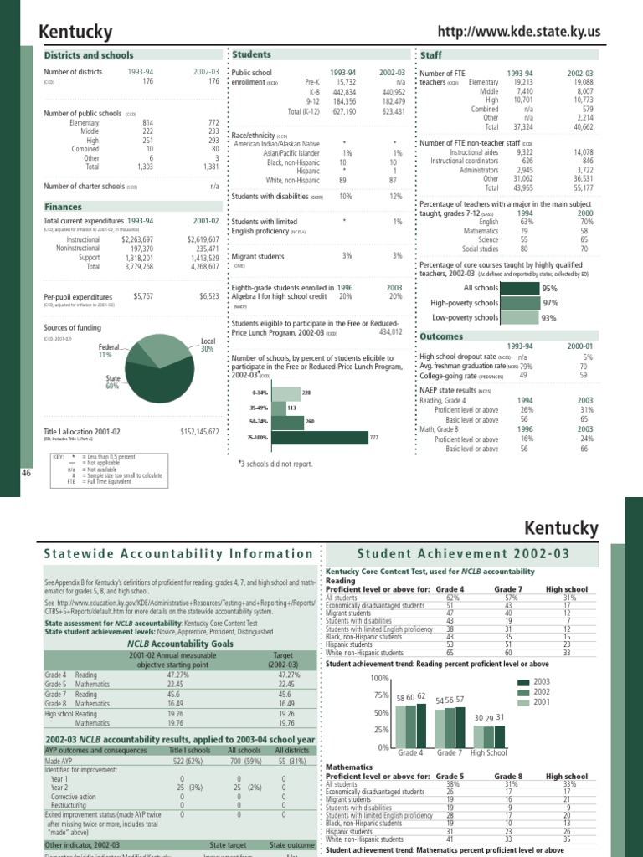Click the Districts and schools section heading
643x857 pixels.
click(x=89, y=55)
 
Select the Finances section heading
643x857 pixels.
click(x=63, y=206)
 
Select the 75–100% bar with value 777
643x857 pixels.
click(x=321, y=438)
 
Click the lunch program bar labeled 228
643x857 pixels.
click(x=286, y=392)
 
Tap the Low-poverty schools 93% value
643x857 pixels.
click(x=548, y=318)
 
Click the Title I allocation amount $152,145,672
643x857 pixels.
click(x=199, y=431)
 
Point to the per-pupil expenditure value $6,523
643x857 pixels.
click(x=208, y=296)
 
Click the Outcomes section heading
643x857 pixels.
click(x=440, y=336)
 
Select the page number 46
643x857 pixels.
click(x=25, y=473)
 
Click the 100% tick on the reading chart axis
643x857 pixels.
click(x=380, y=677)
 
